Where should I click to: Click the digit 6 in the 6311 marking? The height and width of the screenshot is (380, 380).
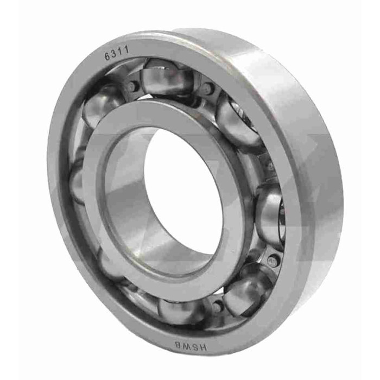[107, 56]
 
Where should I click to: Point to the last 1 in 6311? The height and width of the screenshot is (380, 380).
[126, 50]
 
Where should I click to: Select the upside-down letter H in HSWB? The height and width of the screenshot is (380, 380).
[203, 347]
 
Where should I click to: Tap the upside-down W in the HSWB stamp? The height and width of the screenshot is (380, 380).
[186, 345]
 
